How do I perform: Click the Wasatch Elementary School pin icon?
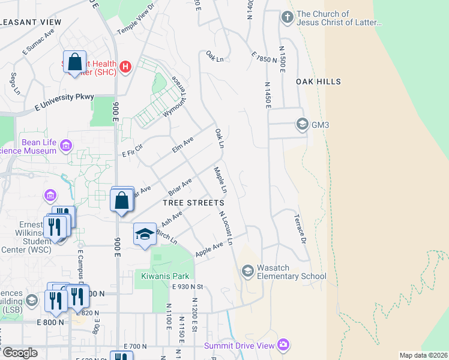(x=247, y=271)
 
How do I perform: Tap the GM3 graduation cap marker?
(x=302, y=125)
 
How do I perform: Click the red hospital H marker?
(x=125, y=66)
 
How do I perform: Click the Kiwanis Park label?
(x=165, y=276)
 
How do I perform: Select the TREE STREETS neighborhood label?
(x=193, y=203)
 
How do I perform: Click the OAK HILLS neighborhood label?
(x=318, y=82)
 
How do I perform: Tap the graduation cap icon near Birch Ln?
(x=144, y=234)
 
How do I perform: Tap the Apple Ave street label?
(x=209, y=247)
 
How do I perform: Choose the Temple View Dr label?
(x=136, y=22)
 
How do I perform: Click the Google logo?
(x=19, y=353)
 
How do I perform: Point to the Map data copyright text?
(x=423, y=355)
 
